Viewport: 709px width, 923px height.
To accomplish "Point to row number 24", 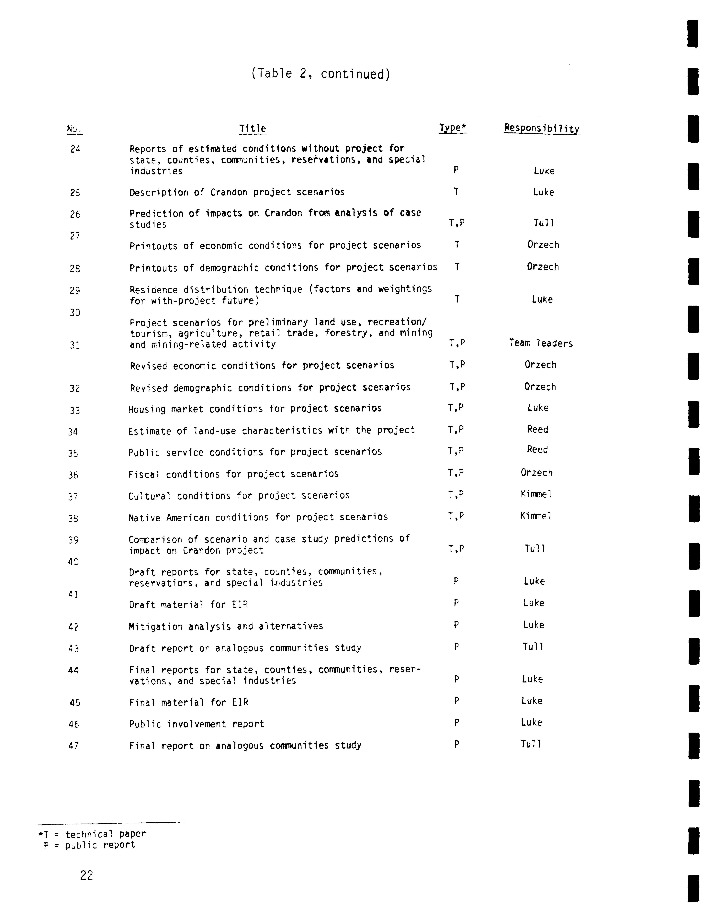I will (75, 149).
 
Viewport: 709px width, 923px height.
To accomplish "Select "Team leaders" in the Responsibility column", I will (541, 343).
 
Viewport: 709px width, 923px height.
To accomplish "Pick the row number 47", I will (73, 746).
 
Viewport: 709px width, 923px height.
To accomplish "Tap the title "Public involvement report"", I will (197, 724).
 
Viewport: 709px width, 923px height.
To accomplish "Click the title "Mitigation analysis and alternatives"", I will (226, 626).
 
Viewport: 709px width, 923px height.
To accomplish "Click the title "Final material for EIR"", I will (189, 702).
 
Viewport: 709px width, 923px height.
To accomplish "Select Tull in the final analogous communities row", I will (531, 744).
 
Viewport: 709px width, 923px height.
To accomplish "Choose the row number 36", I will (73, 475).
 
